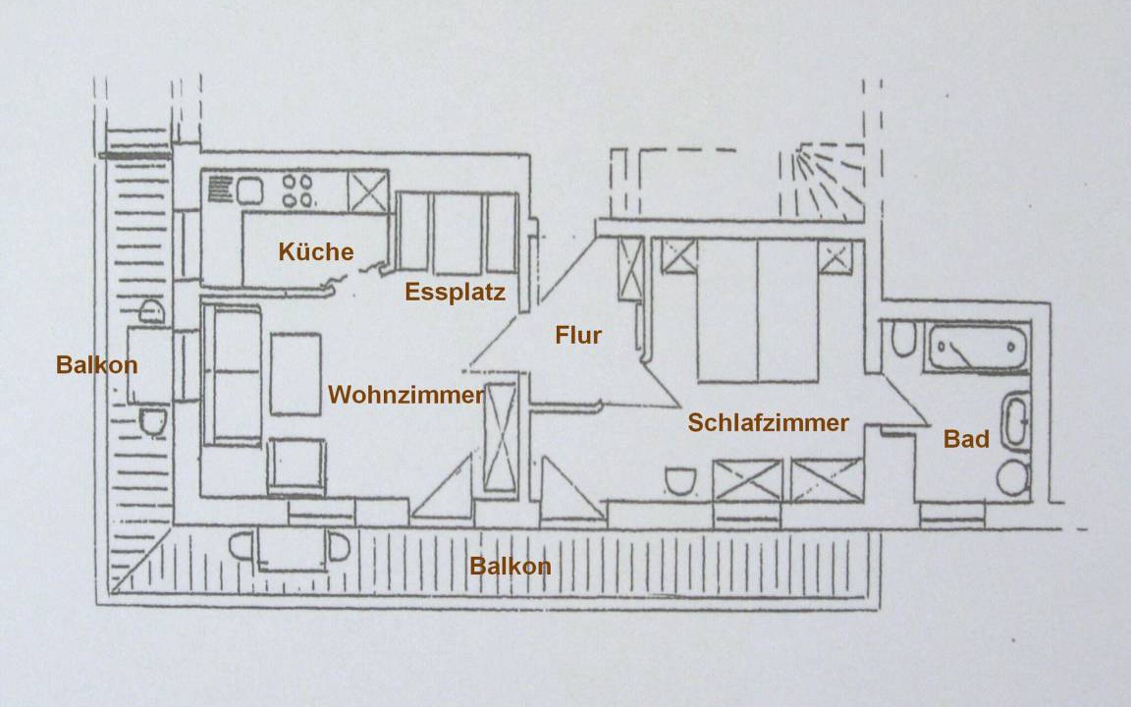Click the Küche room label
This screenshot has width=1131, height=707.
click(315, 252)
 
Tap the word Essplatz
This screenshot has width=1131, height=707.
click(455, 293)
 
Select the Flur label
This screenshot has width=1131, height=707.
click(578, 336)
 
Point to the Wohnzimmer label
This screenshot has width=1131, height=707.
click(405, 396)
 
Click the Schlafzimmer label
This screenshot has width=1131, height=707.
click(768, 423)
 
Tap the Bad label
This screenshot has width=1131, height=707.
click(966, 440)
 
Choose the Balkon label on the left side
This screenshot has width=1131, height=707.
click(96, 365)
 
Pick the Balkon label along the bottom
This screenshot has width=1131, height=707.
click(510, 567)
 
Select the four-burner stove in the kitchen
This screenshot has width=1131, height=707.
click(298, 189)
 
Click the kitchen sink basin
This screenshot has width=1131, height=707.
click(248, 189)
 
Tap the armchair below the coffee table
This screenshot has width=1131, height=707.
click(296, 464)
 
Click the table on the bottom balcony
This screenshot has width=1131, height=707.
click(291, 549)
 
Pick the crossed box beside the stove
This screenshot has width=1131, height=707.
click(369, 190)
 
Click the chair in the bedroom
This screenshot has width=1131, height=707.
click(679, 480)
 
